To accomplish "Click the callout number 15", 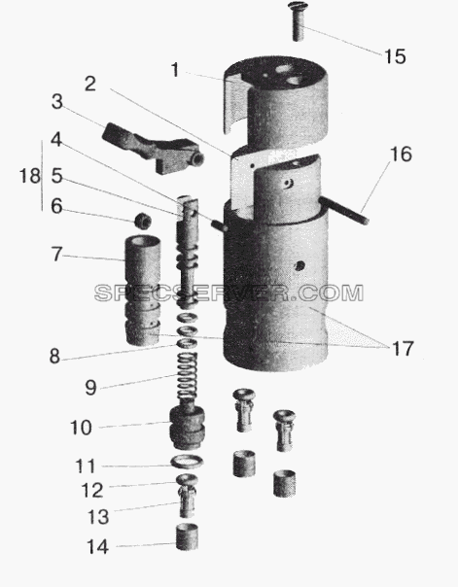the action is (395, 57).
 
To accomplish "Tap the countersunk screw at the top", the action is (297, 21).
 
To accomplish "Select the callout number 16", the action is (401, 155).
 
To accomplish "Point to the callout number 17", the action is (403, 349).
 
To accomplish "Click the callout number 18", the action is (29, 176).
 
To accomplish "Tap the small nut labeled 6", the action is (143, 220).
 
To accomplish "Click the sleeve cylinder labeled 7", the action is (143, 291).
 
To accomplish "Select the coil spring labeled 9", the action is (188, 375).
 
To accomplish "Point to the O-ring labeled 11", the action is (187, 462).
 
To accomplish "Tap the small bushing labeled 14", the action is (187, 536).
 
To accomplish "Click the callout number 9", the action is (90, 388).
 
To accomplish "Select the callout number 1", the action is (174, 70).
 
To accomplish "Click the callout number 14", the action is (98, 547).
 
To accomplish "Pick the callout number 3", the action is (57, 102).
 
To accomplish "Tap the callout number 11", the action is (86, 466).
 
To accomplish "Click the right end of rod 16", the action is (367, 222).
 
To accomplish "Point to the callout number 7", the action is (56, 255).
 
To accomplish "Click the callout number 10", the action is (81, 428).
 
